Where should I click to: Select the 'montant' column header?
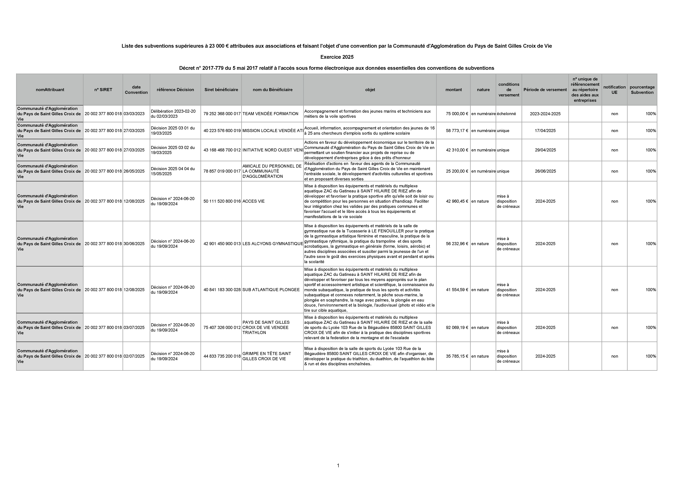(453, 90)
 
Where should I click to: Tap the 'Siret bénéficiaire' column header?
(221, 90)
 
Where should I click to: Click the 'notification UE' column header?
(614, 90)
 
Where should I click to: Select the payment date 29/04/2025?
(545, 150)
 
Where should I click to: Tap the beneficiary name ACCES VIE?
(254, 201)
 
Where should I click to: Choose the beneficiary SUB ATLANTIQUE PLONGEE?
(271, 290)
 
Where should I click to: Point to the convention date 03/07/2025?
(134, 327)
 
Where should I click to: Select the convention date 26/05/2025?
(134, 171)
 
